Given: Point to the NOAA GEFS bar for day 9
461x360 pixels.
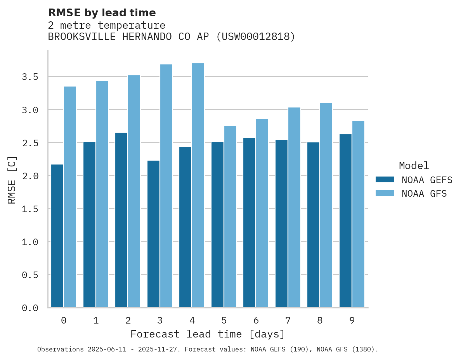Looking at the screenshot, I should (x=345, y=221).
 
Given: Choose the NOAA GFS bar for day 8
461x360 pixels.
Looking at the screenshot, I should (x=326, y=205).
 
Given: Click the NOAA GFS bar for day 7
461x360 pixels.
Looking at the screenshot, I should (x=294, y=208).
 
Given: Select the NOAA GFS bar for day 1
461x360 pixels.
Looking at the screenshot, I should (x=102, y=194).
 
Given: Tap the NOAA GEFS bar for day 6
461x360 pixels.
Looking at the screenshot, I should (x=249, y=223).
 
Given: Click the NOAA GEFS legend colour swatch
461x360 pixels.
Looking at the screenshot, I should (x=385, y=180).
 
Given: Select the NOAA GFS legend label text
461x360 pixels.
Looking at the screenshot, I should (x=424, y=194).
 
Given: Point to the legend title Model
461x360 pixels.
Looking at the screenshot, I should (x=414, y=166).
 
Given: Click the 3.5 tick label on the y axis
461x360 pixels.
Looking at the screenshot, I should (x=30, y=77).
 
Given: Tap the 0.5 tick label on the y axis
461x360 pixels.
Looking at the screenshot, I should (x=30, y=275).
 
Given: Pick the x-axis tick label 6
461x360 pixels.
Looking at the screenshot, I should (x=256, y=320).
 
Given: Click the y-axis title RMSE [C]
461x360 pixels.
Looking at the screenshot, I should (x=12, y=180).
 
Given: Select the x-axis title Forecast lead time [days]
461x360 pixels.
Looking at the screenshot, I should (x=208, y=334).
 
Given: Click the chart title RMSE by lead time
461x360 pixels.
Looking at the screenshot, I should (x=102, y=13).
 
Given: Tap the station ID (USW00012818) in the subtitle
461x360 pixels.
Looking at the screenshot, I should (x=255, y=37).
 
